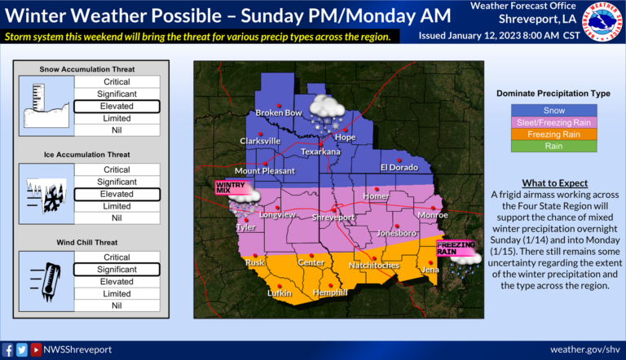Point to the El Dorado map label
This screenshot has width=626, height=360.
click(x=399, y=167)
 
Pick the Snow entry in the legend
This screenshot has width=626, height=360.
click(x=553, y=110)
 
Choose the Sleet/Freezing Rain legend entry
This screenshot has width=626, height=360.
click(x=553, y=122)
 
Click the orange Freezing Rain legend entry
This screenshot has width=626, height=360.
click(x=553, y=134)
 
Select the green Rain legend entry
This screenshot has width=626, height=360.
click(x=553, y=146)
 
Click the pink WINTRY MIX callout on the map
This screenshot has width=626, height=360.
click(x=230, y=187)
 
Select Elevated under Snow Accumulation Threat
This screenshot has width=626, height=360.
click(x=117, y=106)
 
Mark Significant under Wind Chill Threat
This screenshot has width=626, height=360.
click(x=117, y=270)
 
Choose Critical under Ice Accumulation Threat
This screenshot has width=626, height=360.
click(x=117, y=169)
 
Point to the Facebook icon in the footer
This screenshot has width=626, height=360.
click(x=9, y=349)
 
